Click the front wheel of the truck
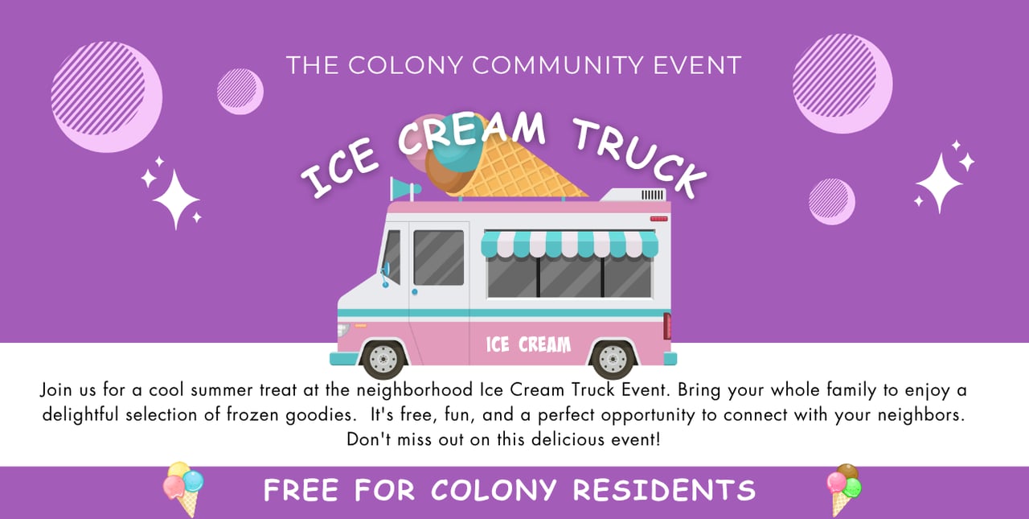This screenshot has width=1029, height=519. click(383, 360)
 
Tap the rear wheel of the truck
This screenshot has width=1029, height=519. click(613, 360)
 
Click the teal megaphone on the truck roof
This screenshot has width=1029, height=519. click(404, 188)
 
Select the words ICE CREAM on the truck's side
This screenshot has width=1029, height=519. click(528, 344)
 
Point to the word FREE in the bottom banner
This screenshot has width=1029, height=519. click(301, 490)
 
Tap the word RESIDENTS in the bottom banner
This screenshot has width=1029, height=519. click(664, 490)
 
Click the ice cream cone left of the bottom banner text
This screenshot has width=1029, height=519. click(184, 489)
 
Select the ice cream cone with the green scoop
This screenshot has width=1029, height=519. click(843, 490)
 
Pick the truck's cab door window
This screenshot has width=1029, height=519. click(439, 257)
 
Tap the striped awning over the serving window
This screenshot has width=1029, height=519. click(570, 244)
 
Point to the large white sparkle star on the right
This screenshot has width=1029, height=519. click(940, 183)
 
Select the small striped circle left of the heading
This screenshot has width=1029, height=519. click(240, 91)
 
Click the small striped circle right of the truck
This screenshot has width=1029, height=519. click(831, 201)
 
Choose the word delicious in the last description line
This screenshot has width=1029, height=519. click(568, 439)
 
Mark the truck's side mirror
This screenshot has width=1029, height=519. click(385, 274)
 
